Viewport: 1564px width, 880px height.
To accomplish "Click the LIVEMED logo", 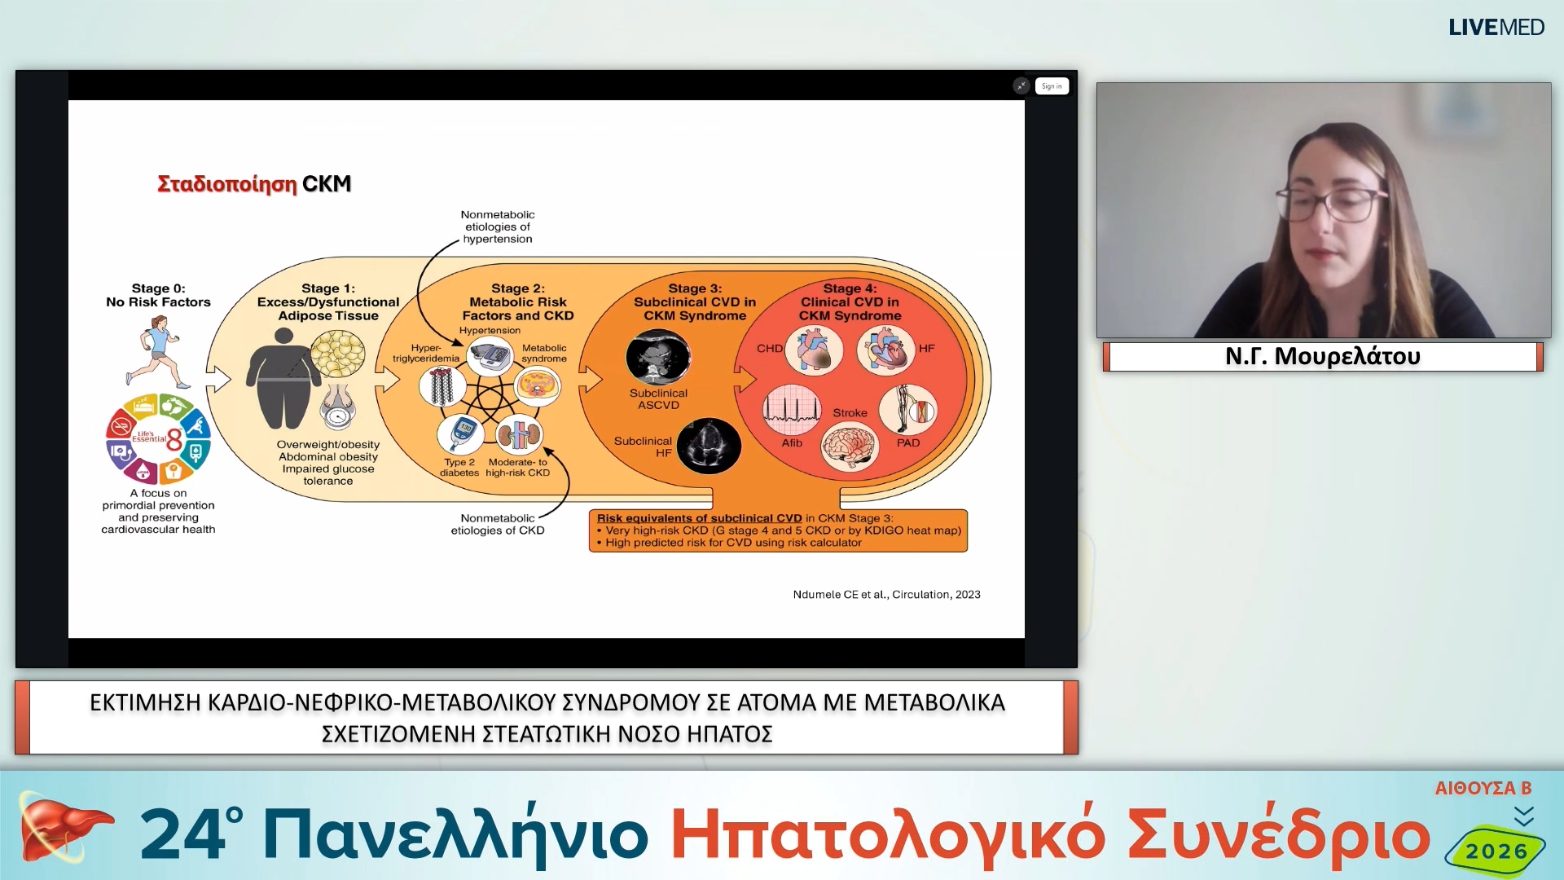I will coord(1496,28).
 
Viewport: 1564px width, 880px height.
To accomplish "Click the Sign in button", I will coord(1051,86).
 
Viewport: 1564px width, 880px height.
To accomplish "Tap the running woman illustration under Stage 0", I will coord(159,352).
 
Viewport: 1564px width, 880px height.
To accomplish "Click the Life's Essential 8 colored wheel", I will coord(158,439).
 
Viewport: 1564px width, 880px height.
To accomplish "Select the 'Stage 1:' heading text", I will coord(327,288).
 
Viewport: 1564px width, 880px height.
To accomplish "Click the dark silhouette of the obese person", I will coord(283,379).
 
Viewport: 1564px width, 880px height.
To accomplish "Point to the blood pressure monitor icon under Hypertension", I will coord(490,357).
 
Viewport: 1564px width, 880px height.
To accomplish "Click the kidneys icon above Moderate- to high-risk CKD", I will coord(519,434).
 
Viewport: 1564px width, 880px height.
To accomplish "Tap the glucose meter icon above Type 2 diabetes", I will coord(461,433).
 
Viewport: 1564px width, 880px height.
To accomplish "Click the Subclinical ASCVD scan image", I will coord(658,357).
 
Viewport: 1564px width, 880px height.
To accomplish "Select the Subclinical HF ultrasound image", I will coord(709,446).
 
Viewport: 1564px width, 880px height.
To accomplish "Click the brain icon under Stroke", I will coord(850,447).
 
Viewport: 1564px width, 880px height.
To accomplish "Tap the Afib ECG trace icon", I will coord(791,409).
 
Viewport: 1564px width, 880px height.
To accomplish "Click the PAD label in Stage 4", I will coord(907,443).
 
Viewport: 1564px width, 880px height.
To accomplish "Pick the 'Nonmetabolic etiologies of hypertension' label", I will coord(497,227).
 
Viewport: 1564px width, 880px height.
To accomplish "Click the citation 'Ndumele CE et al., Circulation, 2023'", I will coord(886,595).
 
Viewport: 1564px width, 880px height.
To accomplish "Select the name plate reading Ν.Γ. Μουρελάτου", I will coord(1322,357).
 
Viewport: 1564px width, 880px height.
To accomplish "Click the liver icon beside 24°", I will coord(61,829).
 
